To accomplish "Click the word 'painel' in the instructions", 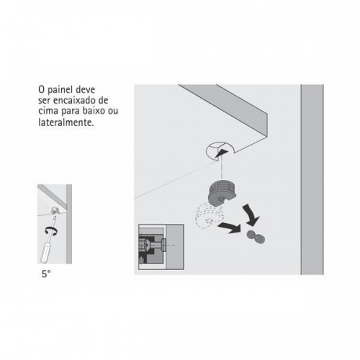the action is tap(60, 90).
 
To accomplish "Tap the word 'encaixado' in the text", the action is tap(74, 100).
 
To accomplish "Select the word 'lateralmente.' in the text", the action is tap(66, 122).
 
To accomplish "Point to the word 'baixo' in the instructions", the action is tap(94, 111).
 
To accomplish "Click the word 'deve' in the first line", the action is tap(85, 90).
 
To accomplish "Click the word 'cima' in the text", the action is tap(48, 112).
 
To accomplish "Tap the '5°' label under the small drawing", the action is tap(46, 274).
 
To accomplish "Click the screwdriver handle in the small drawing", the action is tap(46, 253).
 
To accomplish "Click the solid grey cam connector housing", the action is tap(222, 193).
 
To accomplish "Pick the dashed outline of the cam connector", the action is tap(210, 215).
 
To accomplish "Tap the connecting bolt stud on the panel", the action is tap(256, 237).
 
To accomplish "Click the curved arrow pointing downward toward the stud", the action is tap(251, 215).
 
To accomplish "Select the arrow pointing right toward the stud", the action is tap(229, 227).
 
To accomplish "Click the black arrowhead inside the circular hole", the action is tap(221, 153).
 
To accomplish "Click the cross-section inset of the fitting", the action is tap(161, 247).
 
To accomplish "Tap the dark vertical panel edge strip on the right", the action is tap(312, 179).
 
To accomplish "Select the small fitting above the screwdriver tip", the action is tap(55, 210).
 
